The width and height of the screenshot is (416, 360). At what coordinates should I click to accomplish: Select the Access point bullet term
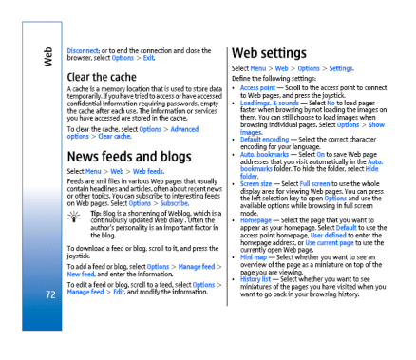tap(257, 86)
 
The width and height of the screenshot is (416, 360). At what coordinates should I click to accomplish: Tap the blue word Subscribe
tap(175, 202)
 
